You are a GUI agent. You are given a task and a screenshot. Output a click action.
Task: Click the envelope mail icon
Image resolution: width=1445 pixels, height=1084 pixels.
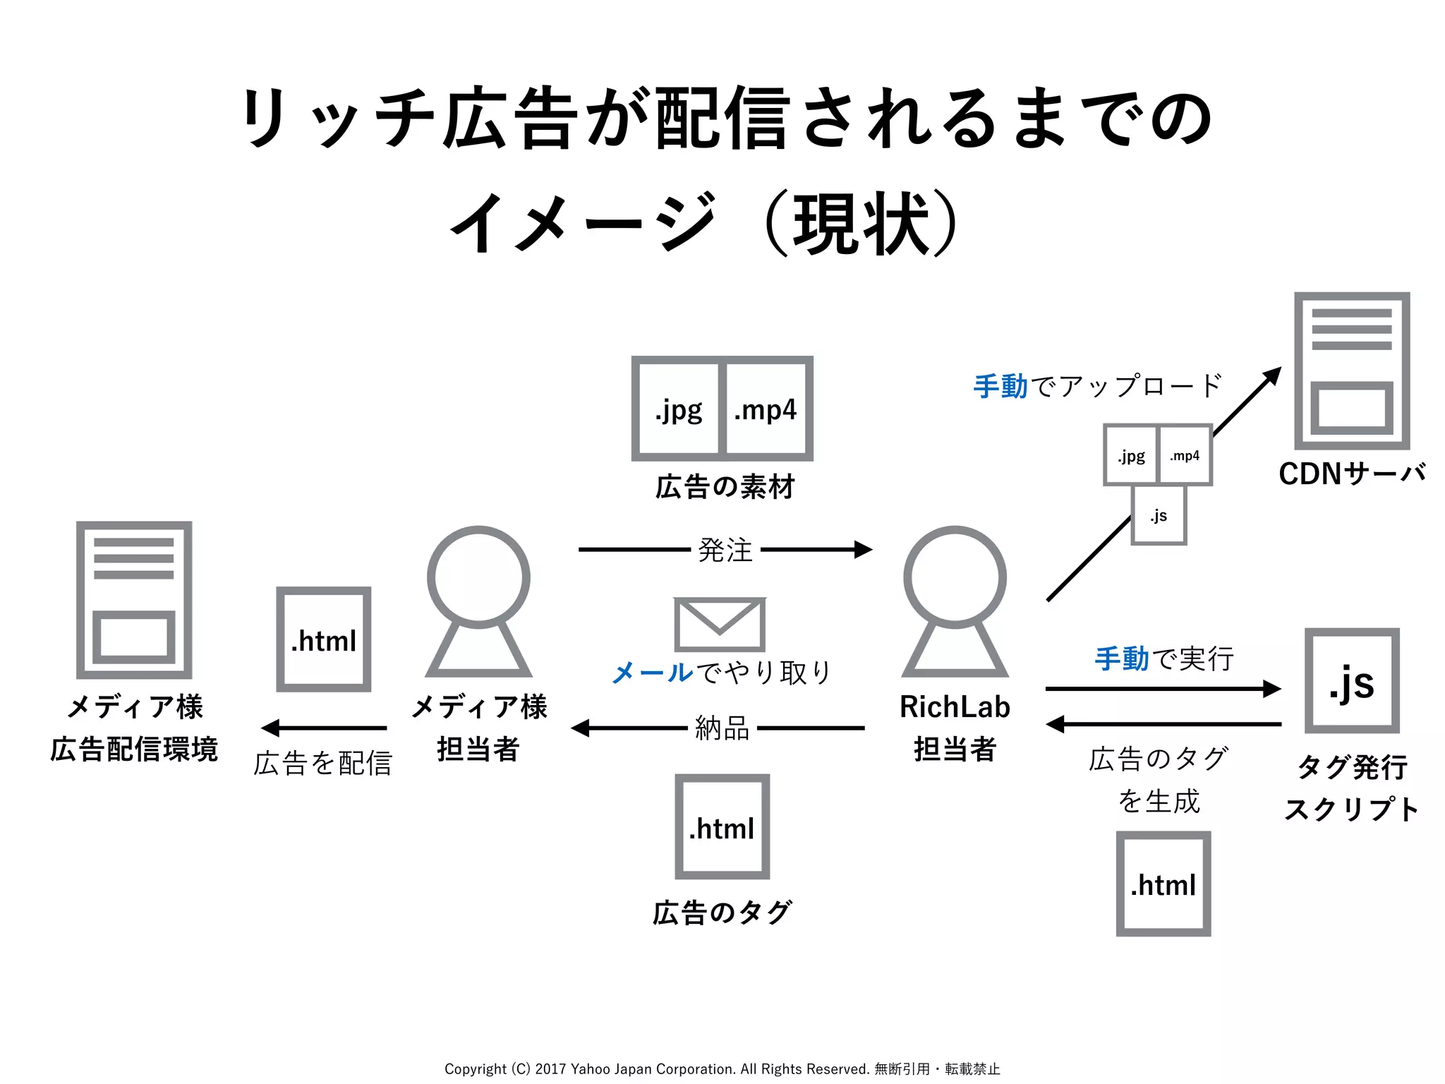pyautogui.click(x=720, y=625)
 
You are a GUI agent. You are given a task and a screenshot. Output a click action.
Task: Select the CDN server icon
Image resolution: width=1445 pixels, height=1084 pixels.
pyautogui.click(x=1352, y=371)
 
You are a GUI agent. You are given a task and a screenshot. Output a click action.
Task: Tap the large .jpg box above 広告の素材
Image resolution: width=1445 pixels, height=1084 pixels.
pyautogui.click(x=677, y=409)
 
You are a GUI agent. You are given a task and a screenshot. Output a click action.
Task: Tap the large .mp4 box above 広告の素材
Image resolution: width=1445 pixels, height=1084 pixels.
pyautogui.click(x=766, y=409)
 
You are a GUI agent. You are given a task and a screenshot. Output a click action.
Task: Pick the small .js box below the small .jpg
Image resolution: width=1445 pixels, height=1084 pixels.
pyautogui.click(x=1159, y=515)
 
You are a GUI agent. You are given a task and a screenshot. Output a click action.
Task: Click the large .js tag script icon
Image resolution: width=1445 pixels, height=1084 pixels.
pyautogui.click(x=1352, y=681)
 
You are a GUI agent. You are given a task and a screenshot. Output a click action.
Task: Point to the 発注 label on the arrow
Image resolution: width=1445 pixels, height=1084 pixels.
pyautogui.click(x=725, y=550)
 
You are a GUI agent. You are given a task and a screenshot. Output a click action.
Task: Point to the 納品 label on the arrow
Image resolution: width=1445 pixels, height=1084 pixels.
pyautogui.click(x=722, y=728)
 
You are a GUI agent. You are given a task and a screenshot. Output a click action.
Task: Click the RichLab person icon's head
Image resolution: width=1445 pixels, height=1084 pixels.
pyautogui.click(x=955, y=577)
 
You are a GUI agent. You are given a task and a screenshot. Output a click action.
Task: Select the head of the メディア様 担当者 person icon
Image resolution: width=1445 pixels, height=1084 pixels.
pyautogui.click(x=478, y=577)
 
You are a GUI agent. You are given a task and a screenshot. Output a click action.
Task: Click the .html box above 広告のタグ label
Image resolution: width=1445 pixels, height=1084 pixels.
pyautogui.click(x=722, y=827)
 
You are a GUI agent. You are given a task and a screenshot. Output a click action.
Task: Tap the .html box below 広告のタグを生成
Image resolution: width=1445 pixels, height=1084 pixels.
pyautogui.click(x=1163, y=884)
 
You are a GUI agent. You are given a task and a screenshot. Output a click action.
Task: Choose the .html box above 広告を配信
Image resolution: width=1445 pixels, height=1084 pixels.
pyautogui.click(x=324, y=639)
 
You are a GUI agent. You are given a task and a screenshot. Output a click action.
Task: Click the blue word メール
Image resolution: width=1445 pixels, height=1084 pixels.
pyautogui.click(x=653, y=673)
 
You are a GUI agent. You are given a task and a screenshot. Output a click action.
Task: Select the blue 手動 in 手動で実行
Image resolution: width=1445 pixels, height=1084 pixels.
pyautogui.click(x=1122, y=658)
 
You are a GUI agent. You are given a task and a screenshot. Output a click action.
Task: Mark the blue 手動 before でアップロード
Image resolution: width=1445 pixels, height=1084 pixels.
pyautogui.click(x=1000, y=386)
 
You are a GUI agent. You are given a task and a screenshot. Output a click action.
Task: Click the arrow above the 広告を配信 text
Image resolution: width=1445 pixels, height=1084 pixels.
pyautogui.click(x=324, y=728)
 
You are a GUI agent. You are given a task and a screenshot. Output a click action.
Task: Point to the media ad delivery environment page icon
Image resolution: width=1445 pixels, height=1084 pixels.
pyautogui.click(x=134, y=600)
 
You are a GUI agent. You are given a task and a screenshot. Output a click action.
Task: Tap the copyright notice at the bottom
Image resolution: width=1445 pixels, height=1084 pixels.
pyautogui.click(x=722, y=1068)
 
